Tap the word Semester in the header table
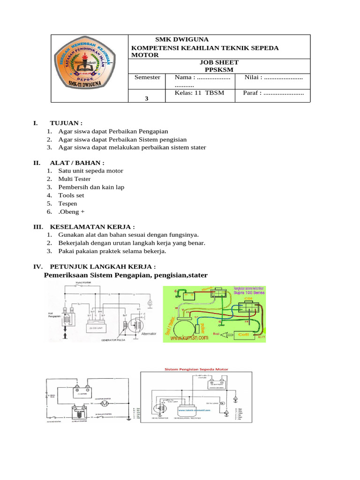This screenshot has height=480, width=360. pos(147,77)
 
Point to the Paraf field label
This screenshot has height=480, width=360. pos(252,93)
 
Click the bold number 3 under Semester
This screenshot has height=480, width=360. pos(147,99)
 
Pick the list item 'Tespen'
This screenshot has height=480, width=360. pos(68,203)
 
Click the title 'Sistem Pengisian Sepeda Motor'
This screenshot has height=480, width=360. pos(196,369)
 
